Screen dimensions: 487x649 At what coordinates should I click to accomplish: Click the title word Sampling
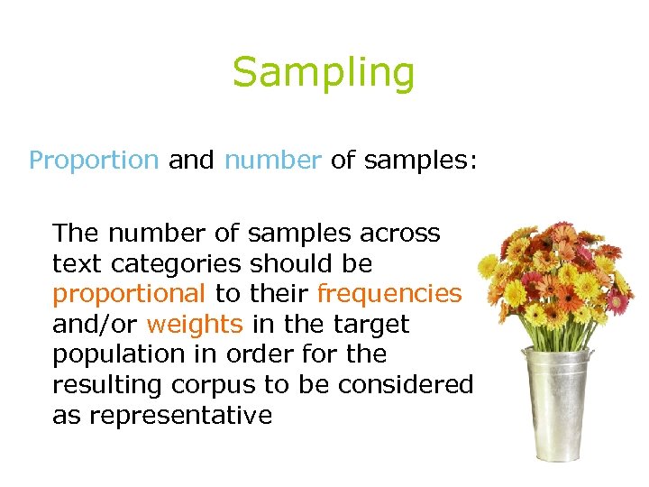(x=324, y=72)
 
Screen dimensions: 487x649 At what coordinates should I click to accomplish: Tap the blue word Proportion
(x=94, y=161)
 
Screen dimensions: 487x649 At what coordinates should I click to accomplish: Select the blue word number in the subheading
(x=272, y=161)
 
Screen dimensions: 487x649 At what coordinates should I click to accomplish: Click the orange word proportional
(x=130, y=294)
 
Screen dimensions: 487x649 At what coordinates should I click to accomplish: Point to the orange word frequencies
(x=389, y=294)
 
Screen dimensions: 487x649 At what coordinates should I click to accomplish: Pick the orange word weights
(x=195, y=324)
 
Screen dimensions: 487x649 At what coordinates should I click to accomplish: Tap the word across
(x=399, y=234)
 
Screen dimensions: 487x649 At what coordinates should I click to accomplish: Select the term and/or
(x=96, y=324)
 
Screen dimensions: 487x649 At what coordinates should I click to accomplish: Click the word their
(x=280, y=294)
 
